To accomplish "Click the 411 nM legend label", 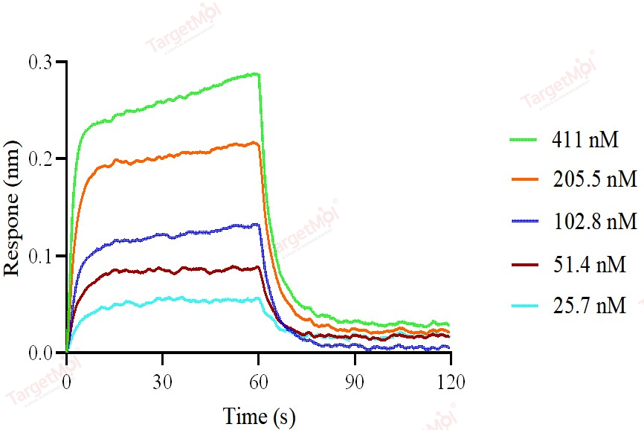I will pos(585,139).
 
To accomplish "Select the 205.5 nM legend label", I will pos(594,180).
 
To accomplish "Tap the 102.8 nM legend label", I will pos(594,222).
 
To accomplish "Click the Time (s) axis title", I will pos(258,415).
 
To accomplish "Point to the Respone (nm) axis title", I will pos(13,207).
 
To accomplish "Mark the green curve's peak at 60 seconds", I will pos(257,74).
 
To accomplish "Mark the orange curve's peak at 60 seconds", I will pos(257,143).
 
